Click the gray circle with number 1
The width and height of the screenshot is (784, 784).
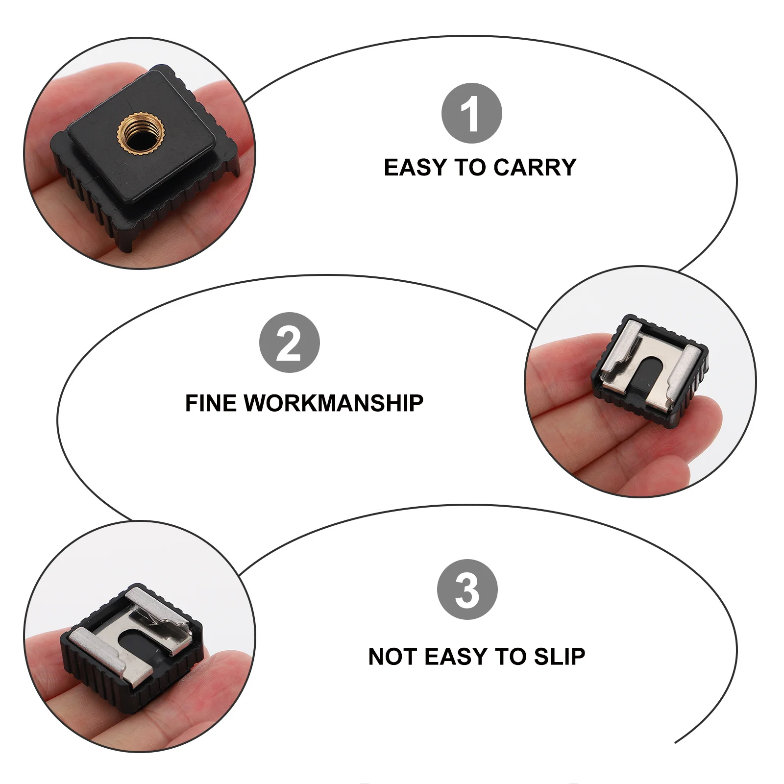tap(471, 113)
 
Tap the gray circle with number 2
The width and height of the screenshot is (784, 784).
tap(289, 343)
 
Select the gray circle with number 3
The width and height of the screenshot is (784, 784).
tap(467, 589)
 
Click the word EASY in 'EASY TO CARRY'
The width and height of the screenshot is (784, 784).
tap(416, 168)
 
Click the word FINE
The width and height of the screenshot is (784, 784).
tap(211, 403)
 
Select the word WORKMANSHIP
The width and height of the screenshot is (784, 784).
tap(333, 403)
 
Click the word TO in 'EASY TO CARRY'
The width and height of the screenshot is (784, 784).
tap(470, 168)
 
